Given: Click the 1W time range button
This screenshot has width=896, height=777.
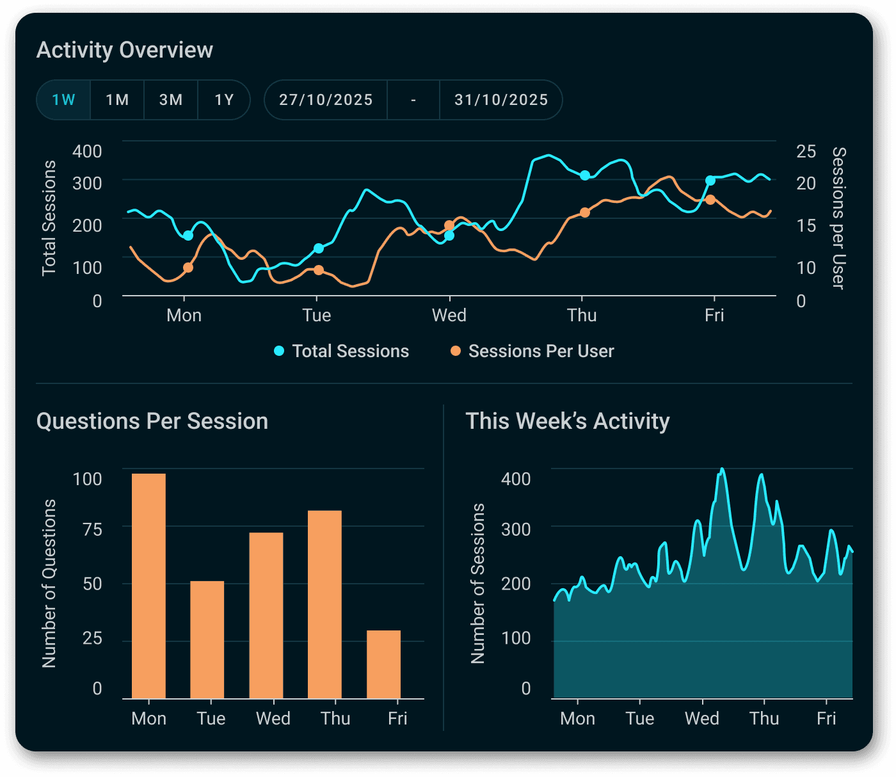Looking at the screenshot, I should pyautogui.click(x=63, y=100).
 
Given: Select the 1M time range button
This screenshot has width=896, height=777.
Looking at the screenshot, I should pyautogui.click(x=117, y=100).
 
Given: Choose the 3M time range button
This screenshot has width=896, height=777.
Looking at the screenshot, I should pyautogui.click(x=171, y=100).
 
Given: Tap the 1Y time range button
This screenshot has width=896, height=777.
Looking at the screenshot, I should pyautogui.click(x=224, y=100).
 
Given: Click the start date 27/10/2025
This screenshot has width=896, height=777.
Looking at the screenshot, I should pyautogui.click(x=326, y=100).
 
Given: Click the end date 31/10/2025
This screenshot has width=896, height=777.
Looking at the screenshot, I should pyautogui.click(x=501, y=100).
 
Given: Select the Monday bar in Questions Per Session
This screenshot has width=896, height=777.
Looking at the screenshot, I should pyautogui.click(x=148, y=586).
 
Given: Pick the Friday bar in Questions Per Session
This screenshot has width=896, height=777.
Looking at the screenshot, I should pyautogui.click(x=383, y=664).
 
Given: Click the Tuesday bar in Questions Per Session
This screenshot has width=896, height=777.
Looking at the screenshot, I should pyautogui.click(x=207, y=639).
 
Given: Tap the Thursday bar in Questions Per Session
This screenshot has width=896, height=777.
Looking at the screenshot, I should pyautogui.click(x=324, y=604).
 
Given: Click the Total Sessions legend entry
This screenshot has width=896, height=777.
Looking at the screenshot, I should pyautogui.click(x=342, y=351).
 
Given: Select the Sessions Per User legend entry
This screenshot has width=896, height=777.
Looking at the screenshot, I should pyautogui.click(x=532, y=351).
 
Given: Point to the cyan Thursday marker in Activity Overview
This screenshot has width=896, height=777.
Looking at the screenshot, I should pyautogui.click(x=585, y=175).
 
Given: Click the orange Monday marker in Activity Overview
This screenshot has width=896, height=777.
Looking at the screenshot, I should pyautogui.click(x=188, y=268).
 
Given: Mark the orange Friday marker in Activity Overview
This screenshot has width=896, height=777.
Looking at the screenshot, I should pyautogui.click(x=710, y=200).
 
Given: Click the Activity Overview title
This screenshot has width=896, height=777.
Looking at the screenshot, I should pyautogui.click(x=125, y=50).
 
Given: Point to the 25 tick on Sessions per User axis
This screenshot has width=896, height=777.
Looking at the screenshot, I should pyautogui.click(x=806, y=152).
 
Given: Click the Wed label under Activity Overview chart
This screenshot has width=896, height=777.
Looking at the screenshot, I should pyautogui.click(x=449, y=316).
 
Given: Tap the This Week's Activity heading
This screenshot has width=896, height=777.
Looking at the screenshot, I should pyautogui.click(x=567, y=421).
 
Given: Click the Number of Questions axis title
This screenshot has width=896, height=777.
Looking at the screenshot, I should pyautogui.click(x=49, y=584).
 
